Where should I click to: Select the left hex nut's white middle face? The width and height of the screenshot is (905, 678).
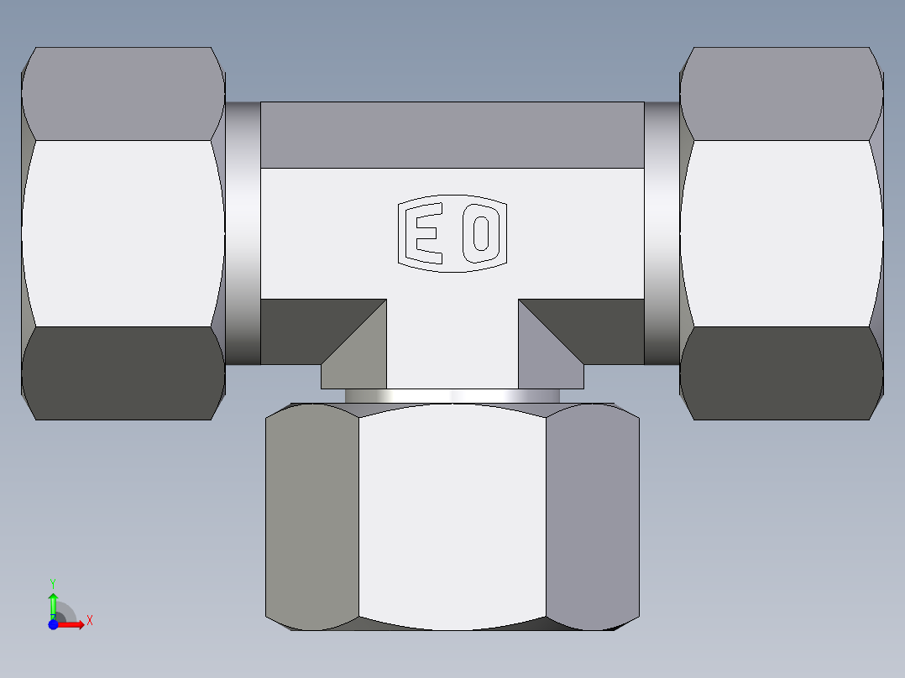click(x=123, y=232)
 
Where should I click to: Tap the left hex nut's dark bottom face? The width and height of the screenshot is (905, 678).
click(x=123, y=373)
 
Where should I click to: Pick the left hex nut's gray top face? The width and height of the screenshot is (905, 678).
click(x=123, y=93)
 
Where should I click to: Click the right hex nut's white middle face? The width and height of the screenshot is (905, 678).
click(x=782, y=232)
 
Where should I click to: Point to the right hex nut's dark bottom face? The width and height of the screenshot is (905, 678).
click(x=782, y=373)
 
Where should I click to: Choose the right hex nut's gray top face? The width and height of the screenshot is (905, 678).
click(x=782, y=93)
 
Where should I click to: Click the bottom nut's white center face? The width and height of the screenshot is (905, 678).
click(x=452, y=516)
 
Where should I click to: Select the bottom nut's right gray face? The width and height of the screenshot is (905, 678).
click(x=592, y=516)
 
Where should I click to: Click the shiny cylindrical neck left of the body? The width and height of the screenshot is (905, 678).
click(x=243, y=233)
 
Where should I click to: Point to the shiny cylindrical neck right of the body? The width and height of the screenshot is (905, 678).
click(x=662, y=233)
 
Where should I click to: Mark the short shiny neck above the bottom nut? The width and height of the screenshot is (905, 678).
click(x=452, y=396)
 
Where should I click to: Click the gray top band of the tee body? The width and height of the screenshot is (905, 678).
click(x=452, y=135)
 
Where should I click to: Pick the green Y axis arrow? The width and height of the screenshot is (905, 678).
click(x=53, y=603)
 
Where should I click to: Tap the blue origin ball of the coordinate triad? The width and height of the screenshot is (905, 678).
click(x=53, y=625)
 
